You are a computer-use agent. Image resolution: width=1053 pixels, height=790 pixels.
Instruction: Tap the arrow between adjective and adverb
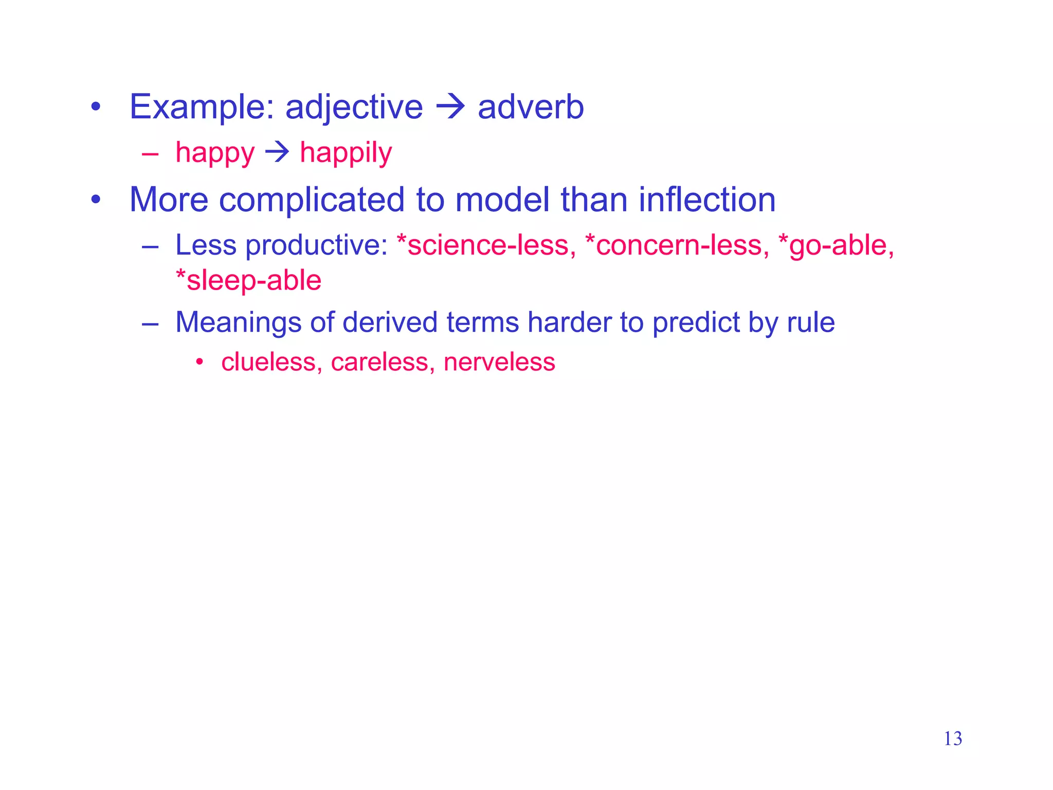(x=450, y=107)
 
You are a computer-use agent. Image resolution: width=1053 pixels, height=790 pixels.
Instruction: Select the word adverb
(x=531, y=107)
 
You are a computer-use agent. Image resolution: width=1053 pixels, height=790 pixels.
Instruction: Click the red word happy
(x=215, y=153)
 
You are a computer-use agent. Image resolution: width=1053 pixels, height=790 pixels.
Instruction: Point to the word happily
(x=346, y=153)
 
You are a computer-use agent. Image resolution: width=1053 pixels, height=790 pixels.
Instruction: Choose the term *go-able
(x=837, y=245)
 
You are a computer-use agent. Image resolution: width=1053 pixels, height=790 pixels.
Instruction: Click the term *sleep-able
(x=248, y=281)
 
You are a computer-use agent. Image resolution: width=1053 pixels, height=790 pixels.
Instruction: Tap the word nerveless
(x=499, y=362)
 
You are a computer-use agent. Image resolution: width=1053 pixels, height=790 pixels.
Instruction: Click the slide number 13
(x=953, y=739)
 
